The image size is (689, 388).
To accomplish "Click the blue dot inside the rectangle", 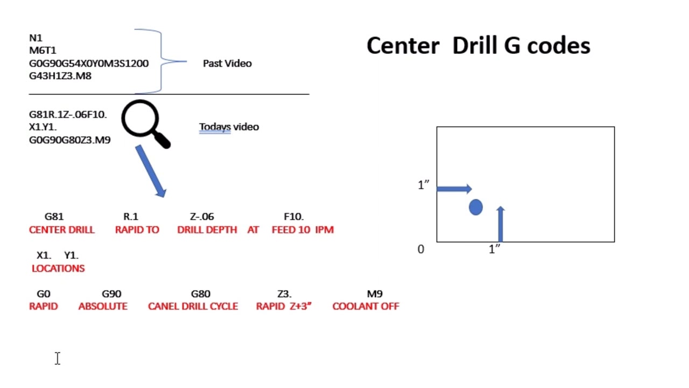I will pos(476,207).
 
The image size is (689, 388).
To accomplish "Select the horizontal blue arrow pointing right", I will pos(454,189).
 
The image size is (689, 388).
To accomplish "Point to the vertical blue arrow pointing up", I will pos(500,224).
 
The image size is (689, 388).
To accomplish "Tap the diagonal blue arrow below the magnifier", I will pos(151,171).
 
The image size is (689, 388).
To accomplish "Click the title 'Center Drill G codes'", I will pos(478,46).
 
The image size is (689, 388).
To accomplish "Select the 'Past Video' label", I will pos(227,64).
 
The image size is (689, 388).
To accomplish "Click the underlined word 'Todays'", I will pos(215,127).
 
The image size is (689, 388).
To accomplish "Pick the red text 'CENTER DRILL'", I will pos(62,230).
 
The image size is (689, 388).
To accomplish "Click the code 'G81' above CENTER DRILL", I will pos(54,217).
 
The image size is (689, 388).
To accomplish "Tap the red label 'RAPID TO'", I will pos(137,230).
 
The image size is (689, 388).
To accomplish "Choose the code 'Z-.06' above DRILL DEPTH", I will pos(202,217).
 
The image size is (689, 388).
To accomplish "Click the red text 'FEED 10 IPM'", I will pos(303,230).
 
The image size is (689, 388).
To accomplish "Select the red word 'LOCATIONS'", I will pos(58,268).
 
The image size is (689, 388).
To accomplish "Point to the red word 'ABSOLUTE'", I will pos(103,306).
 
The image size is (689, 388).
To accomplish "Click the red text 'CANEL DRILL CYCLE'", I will pos(193,306).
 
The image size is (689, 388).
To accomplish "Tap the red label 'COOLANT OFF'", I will pos(365,306).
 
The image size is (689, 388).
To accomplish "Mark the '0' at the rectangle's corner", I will pos(421,250).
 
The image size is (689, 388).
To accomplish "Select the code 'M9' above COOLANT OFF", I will pos(375,294).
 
